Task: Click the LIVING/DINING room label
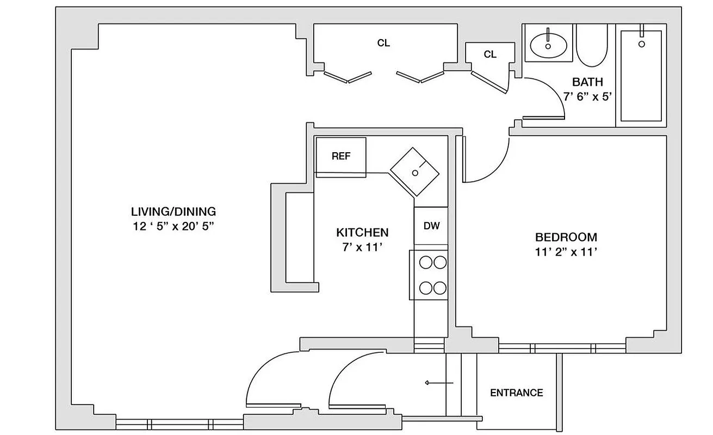[173, 212]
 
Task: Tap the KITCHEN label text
[362, 233]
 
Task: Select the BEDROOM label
[566, 237]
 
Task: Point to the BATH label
[587, 83]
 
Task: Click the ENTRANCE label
[516, 393]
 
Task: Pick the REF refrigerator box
[341, 157]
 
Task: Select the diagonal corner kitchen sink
[416, 172]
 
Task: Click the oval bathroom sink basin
[548, 43]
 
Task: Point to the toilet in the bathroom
[591, 47]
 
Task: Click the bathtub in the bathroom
[641, 76]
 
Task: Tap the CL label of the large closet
[383, 43]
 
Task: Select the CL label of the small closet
[490, 54]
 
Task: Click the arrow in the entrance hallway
[439, 383]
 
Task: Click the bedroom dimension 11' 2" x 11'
[566, 252]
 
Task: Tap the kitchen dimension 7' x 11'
[362, 247]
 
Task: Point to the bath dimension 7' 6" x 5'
[587, 97]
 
